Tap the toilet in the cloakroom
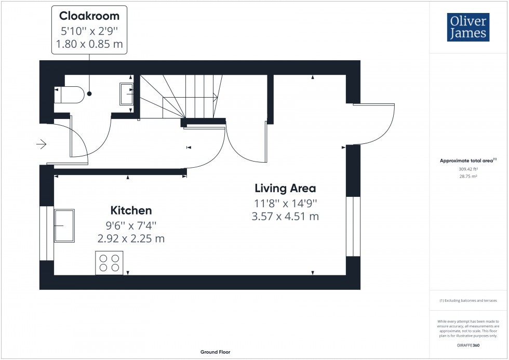[70, 95]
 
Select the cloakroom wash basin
[127, 94]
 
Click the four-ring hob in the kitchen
[109, 262]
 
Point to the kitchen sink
[64, 225]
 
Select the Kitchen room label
[131, 210]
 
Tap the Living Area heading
[285, 188]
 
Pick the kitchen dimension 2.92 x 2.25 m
[131, 238]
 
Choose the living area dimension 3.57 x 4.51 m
[285, 216]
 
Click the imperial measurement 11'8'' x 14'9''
[285, 203]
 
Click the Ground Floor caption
[216, 352]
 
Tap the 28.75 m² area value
[468, 177]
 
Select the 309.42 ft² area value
[468, 169]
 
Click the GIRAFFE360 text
[468, 345]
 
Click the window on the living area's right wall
[353, 226]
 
